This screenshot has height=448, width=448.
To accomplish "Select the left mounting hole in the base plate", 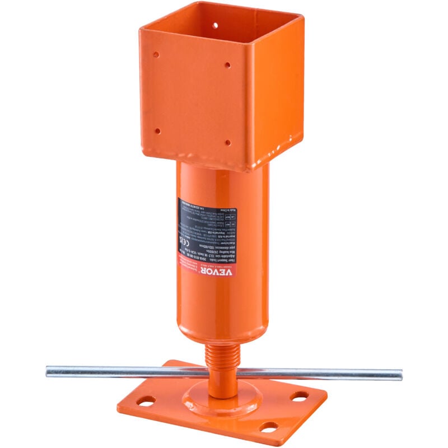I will pyautogui.click(x=144, y=402).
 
